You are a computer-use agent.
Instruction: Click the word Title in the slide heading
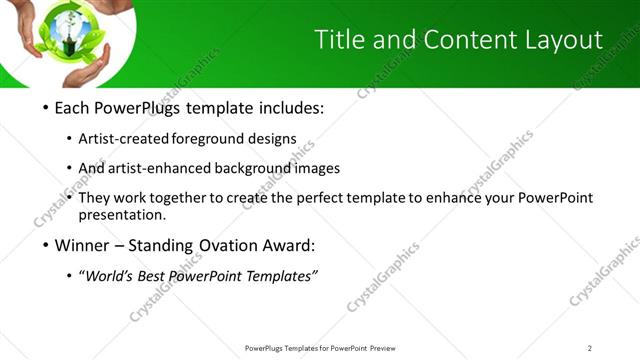click(338, 39)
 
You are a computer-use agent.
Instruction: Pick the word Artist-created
click(123, 139)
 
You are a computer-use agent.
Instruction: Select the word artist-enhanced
click(158, 169)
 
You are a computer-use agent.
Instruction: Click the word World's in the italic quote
click(112, 275)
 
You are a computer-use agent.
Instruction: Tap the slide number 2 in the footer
click(589, 348)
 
